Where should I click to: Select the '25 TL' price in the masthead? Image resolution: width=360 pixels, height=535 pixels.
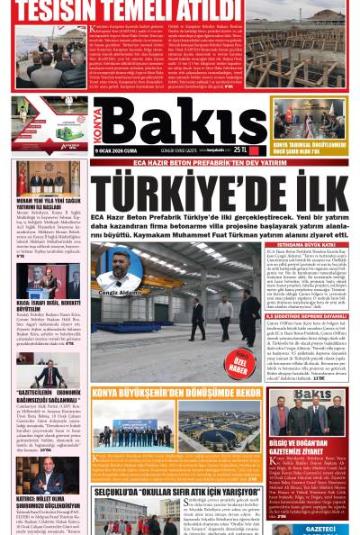[239, 148]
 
